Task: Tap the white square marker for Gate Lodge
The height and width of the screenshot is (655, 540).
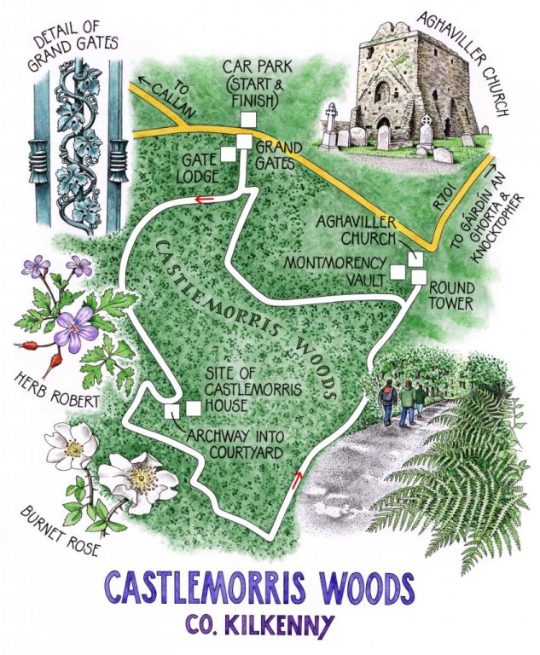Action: pyautogui.click(x=229, y=154)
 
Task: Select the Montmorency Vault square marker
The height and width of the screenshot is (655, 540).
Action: pyautogui.click(x=398, y=272)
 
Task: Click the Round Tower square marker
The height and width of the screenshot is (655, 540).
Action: pyautogui.click(x=419, y=276)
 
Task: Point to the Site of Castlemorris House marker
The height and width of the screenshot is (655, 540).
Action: pyautogui.click(x=194, y=408)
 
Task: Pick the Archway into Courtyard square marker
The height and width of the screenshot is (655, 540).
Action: pyautogui.click(x=171, y=411)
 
